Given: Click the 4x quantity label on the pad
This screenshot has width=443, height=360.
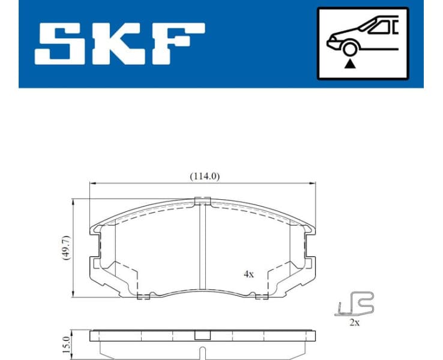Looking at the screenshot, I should pos(249,274).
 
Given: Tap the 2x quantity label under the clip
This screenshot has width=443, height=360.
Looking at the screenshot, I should pos(354,323).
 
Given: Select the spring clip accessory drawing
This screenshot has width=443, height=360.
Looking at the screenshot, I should pos(355,304).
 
